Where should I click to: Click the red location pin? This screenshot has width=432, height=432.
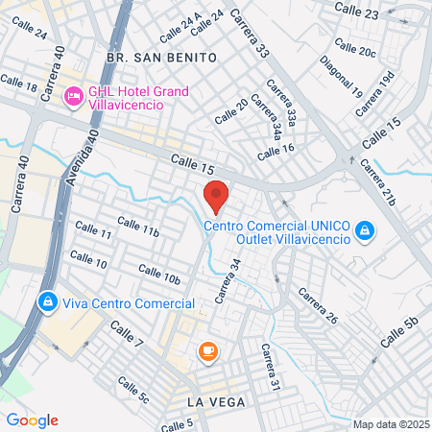click(217, 195)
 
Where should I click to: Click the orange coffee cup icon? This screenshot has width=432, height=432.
click(206, 352)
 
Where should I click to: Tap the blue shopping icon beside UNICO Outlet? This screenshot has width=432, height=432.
click(365, 230)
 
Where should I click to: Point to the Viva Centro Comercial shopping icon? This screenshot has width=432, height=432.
click(46, 302)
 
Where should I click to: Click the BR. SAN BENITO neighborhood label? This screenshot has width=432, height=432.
click(162, 58)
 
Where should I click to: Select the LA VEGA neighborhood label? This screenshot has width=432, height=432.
click(207, 400)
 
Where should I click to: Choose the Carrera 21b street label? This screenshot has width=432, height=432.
click(377, 183)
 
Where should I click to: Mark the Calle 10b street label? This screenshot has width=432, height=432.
click(159, 274)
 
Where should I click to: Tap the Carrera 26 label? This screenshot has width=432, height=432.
click(319, 304)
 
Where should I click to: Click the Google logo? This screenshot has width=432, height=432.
click(32, 420)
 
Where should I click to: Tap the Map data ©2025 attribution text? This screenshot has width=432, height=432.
click(390, 424)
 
